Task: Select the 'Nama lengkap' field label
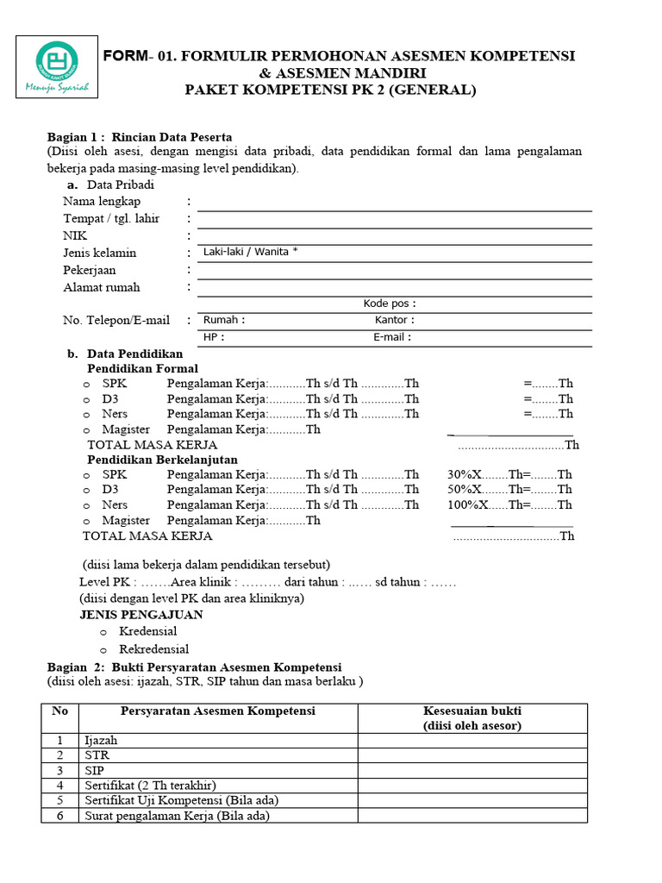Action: coord(102,201)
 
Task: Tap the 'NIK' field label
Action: coord(75,235)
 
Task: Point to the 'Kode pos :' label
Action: coord(390,304)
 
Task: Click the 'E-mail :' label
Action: coord(392,337)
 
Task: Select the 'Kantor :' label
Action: coord(395,320)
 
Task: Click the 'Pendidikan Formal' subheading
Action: coord(142,368)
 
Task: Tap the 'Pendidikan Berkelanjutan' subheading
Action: coord(162,460)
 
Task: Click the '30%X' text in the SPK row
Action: coord(464,474)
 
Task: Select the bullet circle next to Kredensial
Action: coord(103,632)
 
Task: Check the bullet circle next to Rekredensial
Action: coord(103,650)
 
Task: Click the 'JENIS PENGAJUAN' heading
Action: coord(141,615)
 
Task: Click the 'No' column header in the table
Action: coord(59,711)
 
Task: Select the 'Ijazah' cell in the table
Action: coord(101,741)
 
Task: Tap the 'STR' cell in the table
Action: coord(97,755)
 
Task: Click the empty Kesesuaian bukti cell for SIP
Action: coord(472,770)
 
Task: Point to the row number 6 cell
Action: coord(59,815)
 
